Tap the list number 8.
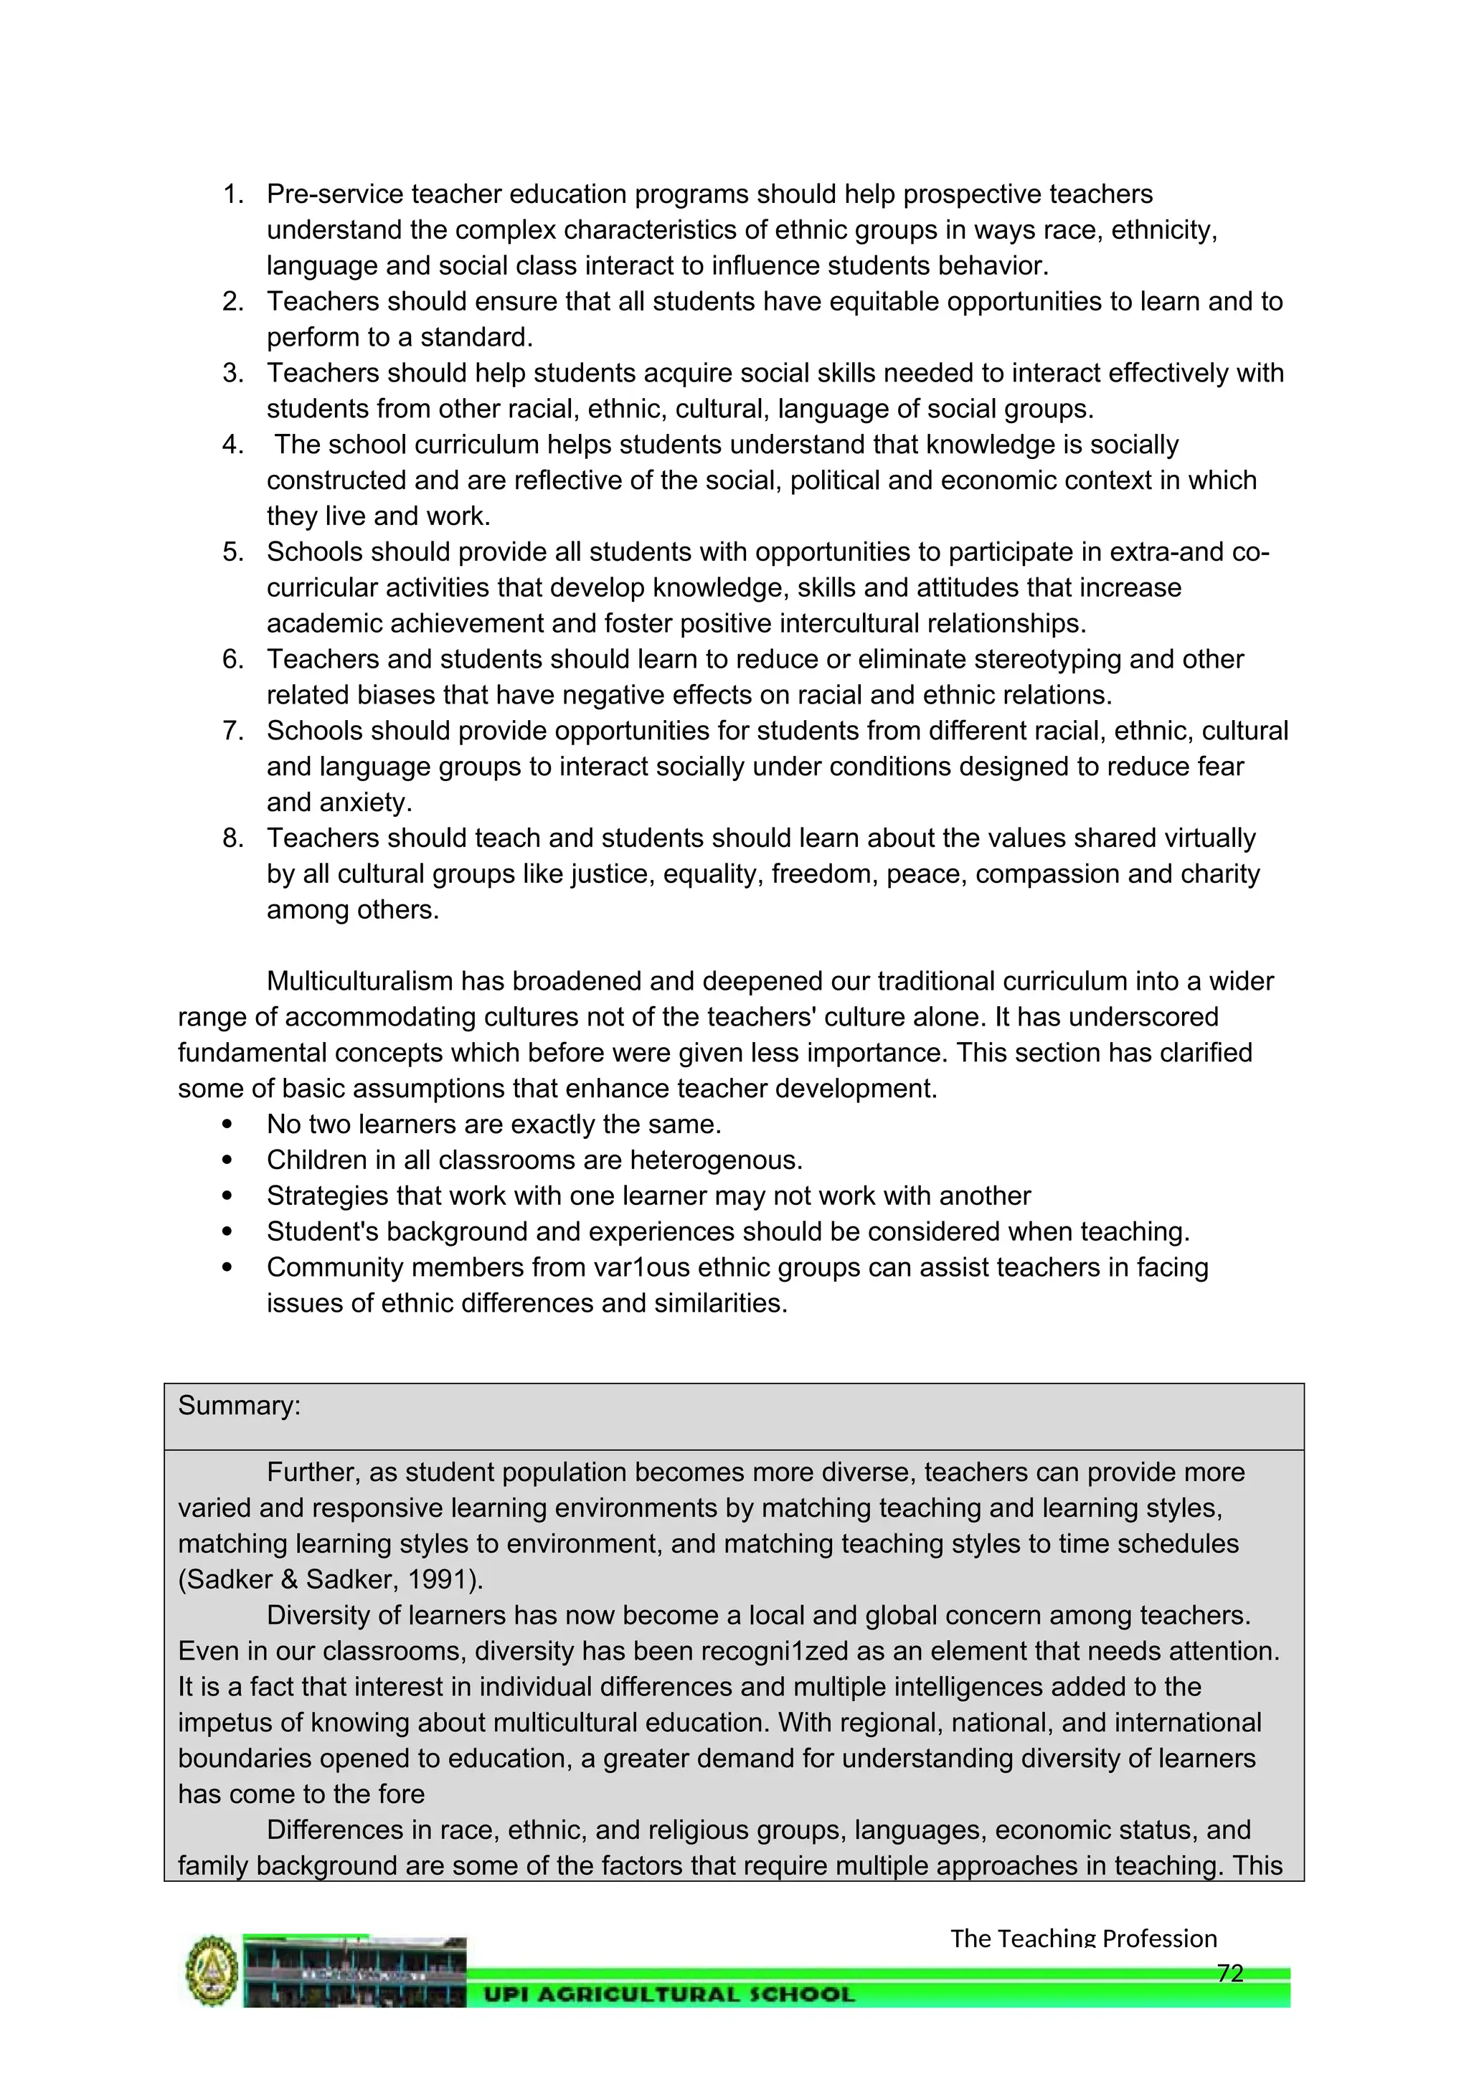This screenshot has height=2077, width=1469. [232, 838]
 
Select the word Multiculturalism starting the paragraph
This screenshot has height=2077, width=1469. [360, 982]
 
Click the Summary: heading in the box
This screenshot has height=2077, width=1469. [239, 1406]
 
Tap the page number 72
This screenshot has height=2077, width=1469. [1230, 1973]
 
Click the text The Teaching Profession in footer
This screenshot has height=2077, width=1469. [1083, 1939]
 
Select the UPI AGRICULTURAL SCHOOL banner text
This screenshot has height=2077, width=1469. [669, 1995]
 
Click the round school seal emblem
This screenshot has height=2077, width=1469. [212, 1972]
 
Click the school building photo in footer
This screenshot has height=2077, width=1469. [354, 1973]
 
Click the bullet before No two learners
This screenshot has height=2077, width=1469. [227, 1125]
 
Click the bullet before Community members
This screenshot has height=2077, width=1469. [227, 1268]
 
